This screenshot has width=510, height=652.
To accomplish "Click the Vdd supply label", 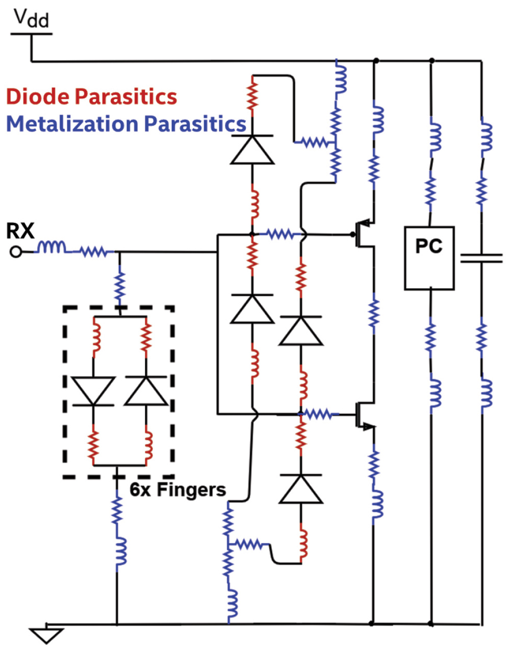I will [x=31, y=19].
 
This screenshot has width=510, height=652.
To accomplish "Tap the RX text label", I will [x=20, y=231].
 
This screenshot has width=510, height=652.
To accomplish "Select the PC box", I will [x=429, y=258].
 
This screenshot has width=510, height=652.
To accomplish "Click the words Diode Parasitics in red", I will [x=92, y=96].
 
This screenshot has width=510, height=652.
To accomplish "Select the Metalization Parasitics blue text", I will [x=126, y=124].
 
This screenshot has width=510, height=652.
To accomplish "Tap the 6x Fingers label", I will [x=177, y=490].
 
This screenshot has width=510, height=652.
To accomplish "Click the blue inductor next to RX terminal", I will [x=51, y=248].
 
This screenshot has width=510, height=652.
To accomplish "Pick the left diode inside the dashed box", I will [x=93, y=391].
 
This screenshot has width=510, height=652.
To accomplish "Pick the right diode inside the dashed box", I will [x=146, y=391].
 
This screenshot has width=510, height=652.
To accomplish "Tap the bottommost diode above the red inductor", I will [x=301, y=489].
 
